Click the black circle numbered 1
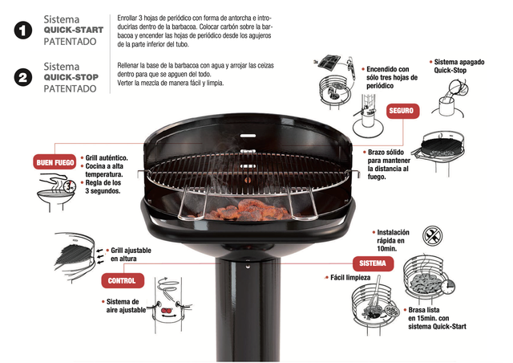[23, 31]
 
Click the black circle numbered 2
[23, 78]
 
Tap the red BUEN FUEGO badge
[55, 162]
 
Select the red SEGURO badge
[402, 111]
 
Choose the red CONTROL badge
[122, 281]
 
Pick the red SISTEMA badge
[373, 263]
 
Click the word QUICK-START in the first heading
[74, 30]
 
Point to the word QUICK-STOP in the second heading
[71, 77]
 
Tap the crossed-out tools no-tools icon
[432, 235]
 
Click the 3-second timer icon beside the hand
[70, 186]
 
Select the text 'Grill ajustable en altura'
[131, 255]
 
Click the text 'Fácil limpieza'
[350, 278]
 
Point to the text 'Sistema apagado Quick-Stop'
[459, 66]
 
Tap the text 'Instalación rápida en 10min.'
[393, 240]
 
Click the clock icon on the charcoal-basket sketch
[447, 287]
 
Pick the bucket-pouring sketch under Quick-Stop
[450, 99]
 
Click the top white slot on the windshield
[248, 136]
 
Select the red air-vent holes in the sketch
[168, 310]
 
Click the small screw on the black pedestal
[248, 267]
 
